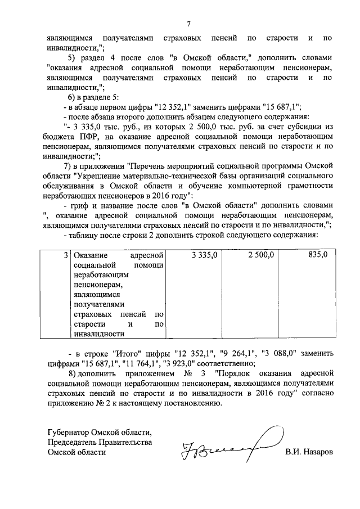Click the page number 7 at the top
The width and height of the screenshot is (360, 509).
[189, 24]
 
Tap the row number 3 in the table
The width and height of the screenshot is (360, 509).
[65, 255]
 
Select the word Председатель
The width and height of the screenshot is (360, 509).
[74, 442]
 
